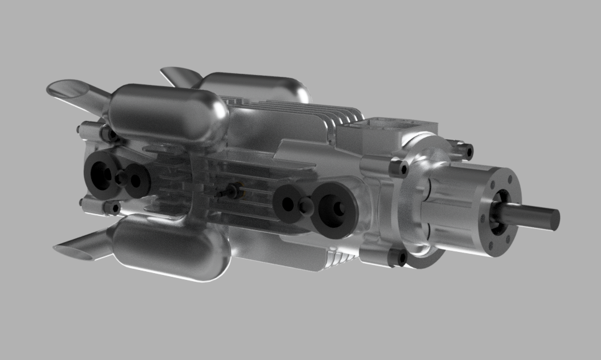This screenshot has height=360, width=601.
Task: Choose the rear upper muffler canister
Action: (255, 87)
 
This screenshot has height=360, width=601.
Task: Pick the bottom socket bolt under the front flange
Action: (398, 257)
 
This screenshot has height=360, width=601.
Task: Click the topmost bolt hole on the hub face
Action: (493, 185)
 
